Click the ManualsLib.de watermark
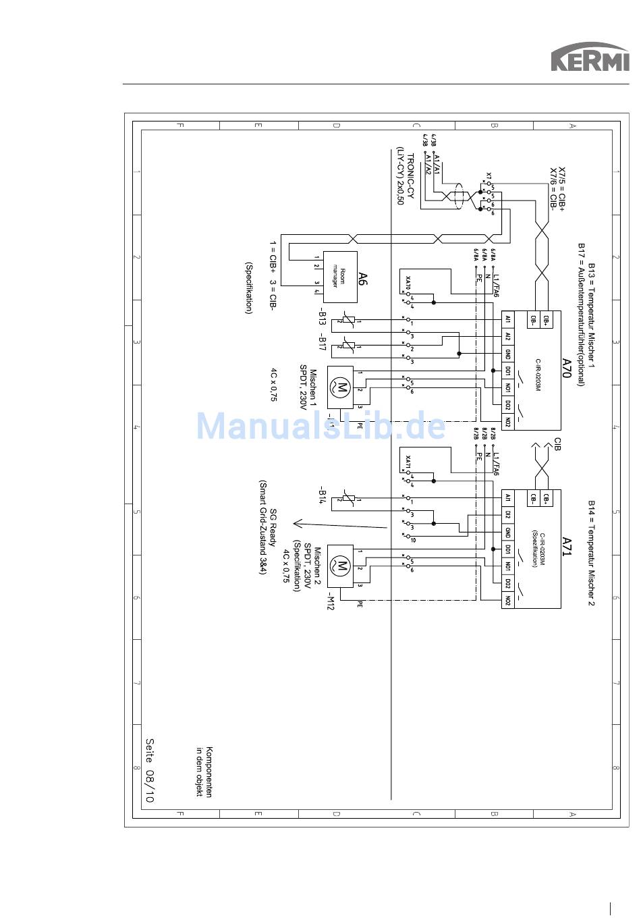point(320,426)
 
